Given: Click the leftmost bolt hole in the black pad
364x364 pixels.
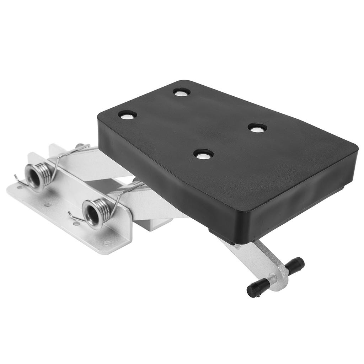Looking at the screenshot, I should (x=127, y=115).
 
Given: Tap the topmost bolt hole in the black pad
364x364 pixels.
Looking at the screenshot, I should (x=182, y=92).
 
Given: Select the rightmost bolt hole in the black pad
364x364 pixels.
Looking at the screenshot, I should (x=257, y=128).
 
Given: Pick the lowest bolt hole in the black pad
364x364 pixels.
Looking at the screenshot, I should (x=203, y=154).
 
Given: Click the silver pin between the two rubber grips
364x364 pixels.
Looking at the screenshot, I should (x=274, y=279).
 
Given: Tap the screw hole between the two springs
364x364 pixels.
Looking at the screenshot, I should (x=47, y=205).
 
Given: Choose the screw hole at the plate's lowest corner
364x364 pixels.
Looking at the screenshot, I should (x=107, y=243).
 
